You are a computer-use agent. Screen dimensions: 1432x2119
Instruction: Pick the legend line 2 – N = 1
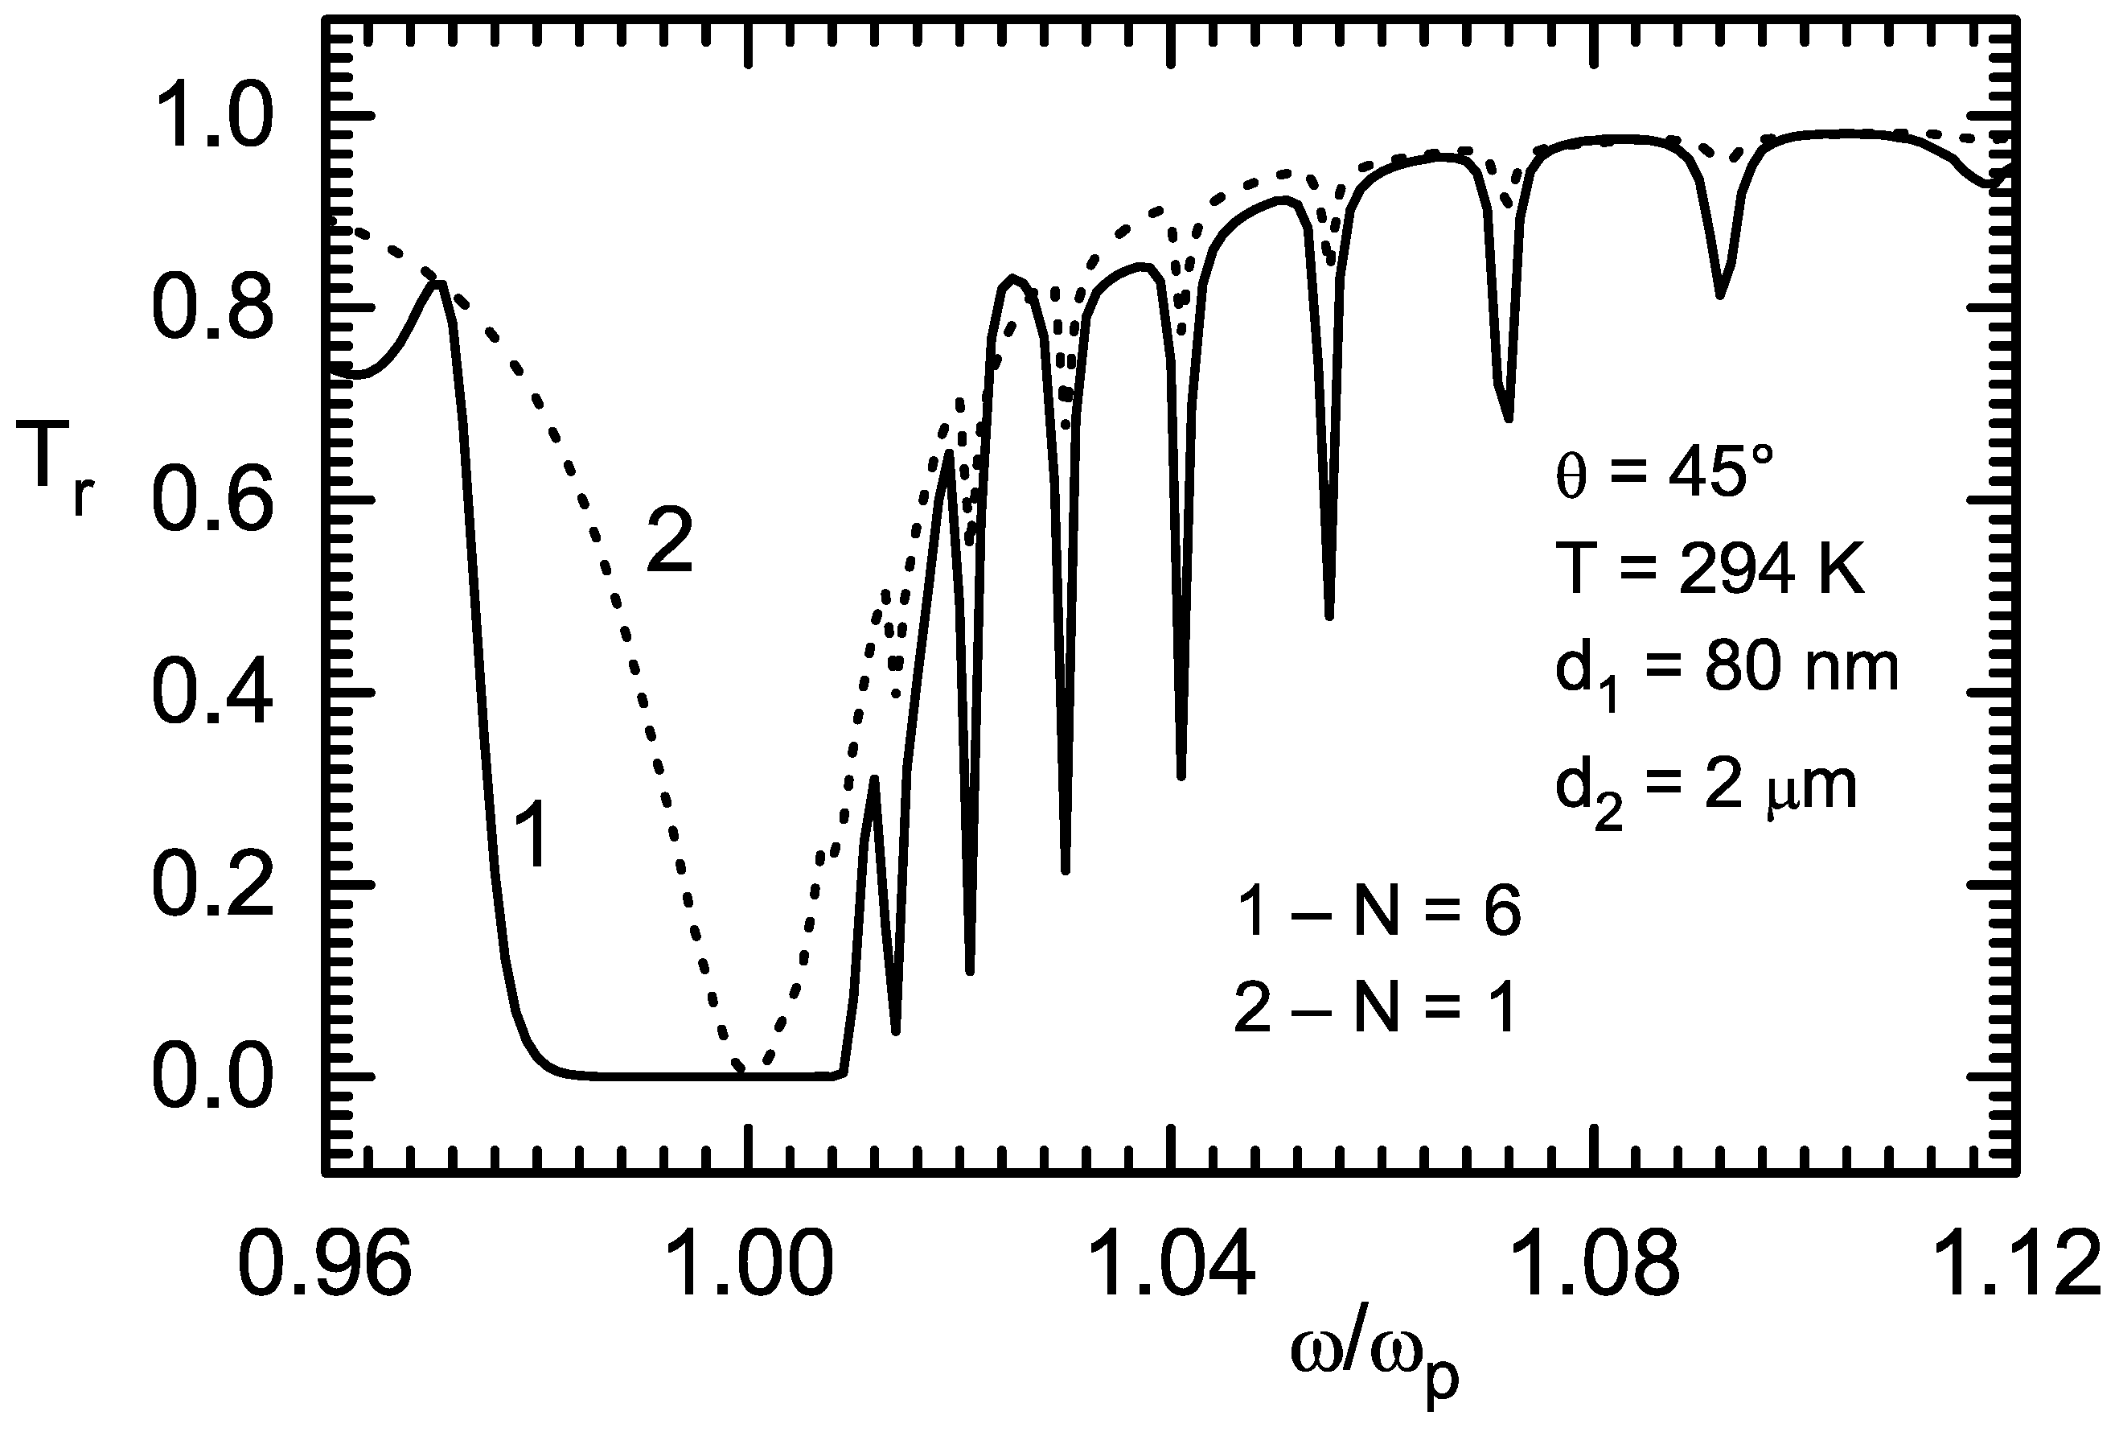click(1374, 1010)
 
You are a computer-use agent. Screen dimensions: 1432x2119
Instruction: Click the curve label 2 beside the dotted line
click(670, 543)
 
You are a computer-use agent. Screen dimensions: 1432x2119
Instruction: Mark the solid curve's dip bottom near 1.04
click(1181, 776)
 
